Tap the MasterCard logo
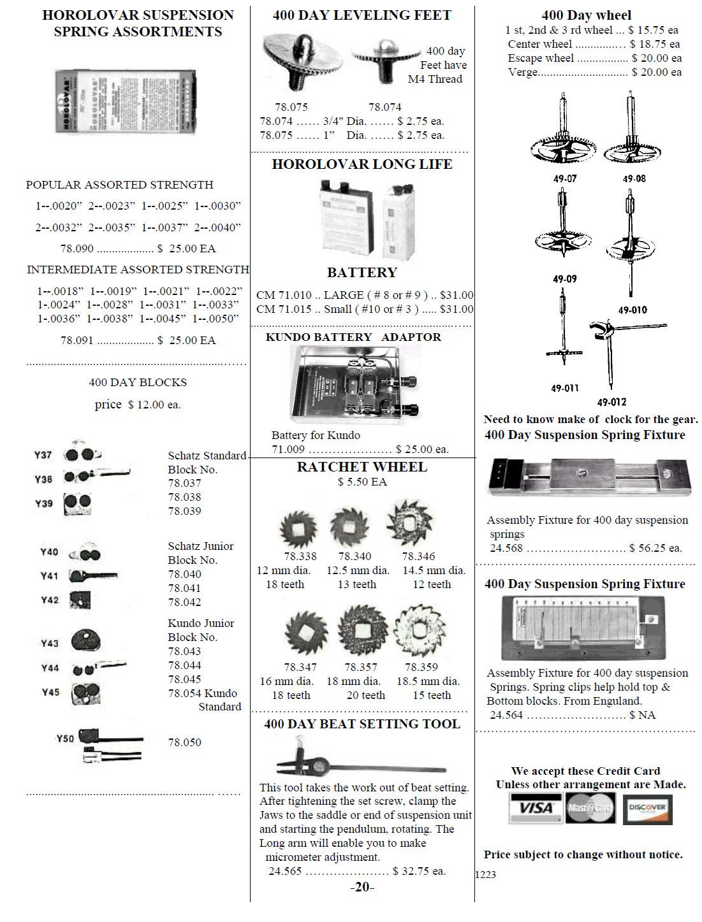click(x=589, y=808)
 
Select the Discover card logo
click(x=647, y=809)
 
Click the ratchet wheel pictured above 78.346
click(x=409, y=525)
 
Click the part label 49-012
click(x=611, y=402)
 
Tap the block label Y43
click(x=50, y=644)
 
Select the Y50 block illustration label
click(x=65, y=738)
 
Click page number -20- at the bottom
click(x=362, y=887)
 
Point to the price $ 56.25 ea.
click(x=655, y=548)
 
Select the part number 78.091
click(x=77, y=340)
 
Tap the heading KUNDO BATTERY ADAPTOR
click(x=353, y=337)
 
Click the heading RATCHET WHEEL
click(x=362, y=467)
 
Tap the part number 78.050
click(x=184, y=742)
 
